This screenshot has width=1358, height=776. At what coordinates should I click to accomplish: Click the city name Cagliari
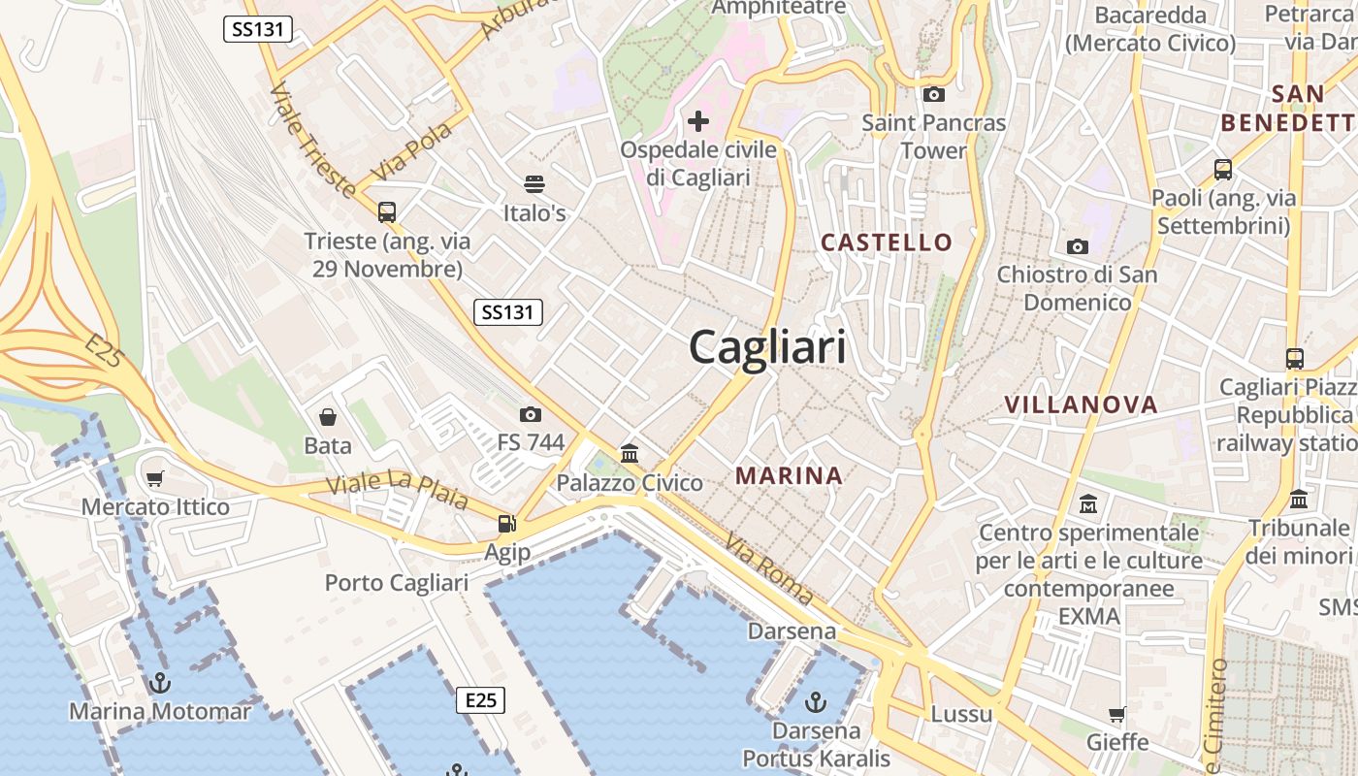(767, 346)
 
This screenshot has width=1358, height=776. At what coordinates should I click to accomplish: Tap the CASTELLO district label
(887, 242)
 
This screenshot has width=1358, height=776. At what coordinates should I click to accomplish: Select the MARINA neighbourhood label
(789, 475)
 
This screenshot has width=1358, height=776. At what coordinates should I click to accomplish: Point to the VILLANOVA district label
(1081, 404)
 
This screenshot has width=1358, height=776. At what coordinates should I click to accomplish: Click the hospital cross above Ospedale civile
(697, 121)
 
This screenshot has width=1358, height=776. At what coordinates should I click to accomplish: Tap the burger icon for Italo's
(533, 184)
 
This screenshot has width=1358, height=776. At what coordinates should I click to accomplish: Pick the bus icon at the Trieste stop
(387, 211)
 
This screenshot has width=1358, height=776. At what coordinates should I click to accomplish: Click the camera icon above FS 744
(530, 414)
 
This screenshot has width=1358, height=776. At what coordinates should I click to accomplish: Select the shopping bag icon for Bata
(328, 417)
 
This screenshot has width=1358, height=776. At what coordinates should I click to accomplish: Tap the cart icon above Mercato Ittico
(155, 478)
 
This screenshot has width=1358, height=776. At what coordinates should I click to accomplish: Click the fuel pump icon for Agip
(506, 524)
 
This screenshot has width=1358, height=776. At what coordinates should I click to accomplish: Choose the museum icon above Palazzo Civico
(630, 453)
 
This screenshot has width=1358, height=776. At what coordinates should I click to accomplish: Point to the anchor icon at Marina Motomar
(160, 683)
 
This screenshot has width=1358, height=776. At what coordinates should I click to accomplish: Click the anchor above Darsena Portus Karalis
(817, 701)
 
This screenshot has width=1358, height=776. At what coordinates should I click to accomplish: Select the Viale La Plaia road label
(398, 492)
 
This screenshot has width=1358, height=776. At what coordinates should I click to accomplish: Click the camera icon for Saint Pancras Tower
(934, 94)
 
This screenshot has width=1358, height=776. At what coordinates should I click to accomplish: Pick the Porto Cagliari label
(396, 583)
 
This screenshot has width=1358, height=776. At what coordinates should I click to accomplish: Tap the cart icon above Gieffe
(1117, 715)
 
